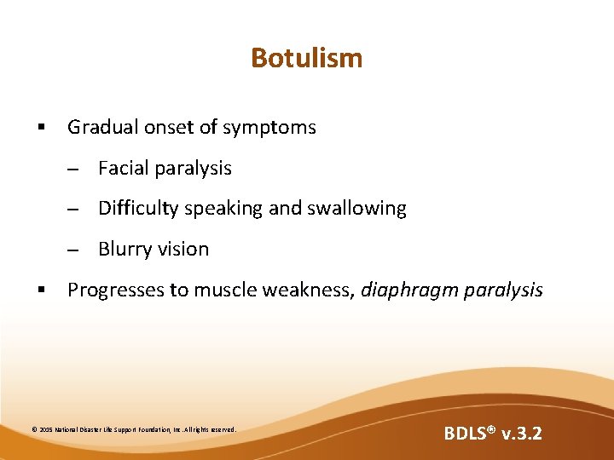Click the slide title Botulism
[306, 58]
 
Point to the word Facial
[122, 169]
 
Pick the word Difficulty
[136, 209]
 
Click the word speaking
[222, 209]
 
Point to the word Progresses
[116, 290]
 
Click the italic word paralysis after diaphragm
[503, 290]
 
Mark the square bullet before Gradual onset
[40, 129]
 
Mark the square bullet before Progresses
[40, 290]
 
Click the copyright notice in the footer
[133, 429]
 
